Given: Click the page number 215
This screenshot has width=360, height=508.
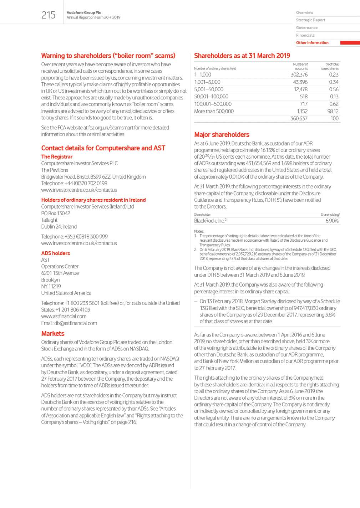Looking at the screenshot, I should pyautogui.click(x=48, y=15).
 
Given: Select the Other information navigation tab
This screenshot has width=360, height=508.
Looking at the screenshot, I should pyautogui.click(x=312, y=43).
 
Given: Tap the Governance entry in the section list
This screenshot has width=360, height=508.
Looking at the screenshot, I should pyautogui.click(x=306, y=28).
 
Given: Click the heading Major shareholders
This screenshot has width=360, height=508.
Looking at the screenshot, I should pyautogui.click(x=222, y=135).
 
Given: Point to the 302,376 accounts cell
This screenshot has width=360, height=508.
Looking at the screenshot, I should pyautogui.click(x=299, y=75).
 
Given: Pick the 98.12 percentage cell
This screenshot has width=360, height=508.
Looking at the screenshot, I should pyautogui.click(x=333, y=111).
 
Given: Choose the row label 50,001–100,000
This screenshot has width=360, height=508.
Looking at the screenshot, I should pyautogui.click(x=211, y=97).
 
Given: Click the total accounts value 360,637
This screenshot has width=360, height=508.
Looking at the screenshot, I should pyautogui.click(x=299, y=118).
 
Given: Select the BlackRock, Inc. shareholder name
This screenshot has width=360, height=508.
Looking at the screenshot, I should pyautogui.click(x=209, y=221).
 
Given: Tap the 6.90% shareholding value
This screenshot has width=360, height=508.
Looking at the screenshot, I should pyautogui.click(x=332, y=221).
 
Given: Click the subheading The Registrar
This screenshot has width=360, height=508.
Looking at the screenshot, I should pyautogui.click(x=57, y=157).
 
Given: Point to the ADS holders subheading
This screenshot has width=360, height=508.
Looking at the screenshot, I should pyautogui.click(x=55, y=253).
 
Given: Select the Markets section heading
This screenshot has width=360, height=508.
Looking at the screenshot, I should pyautogui.click(x=53, y=334).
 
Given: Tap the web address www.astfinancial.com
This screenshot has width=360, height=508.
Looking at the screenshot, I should pyautogui.click(x=64, y=317).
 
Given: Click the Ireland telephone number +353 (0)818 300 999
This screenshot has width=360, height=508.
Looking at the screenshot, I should pyautogui.click(x=86, y=237).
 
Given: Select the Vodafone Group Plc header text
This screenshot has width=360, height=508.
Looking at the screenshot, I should pyautogui.click(x=83, y=12).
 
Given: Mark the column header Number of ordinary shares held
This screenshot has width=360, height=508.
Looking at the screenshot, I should pyautogui.click(x=215, y=68).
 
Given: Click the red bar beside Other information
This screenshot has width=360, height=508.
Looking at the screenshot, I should pyautogui.click(x=350, y=43).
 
